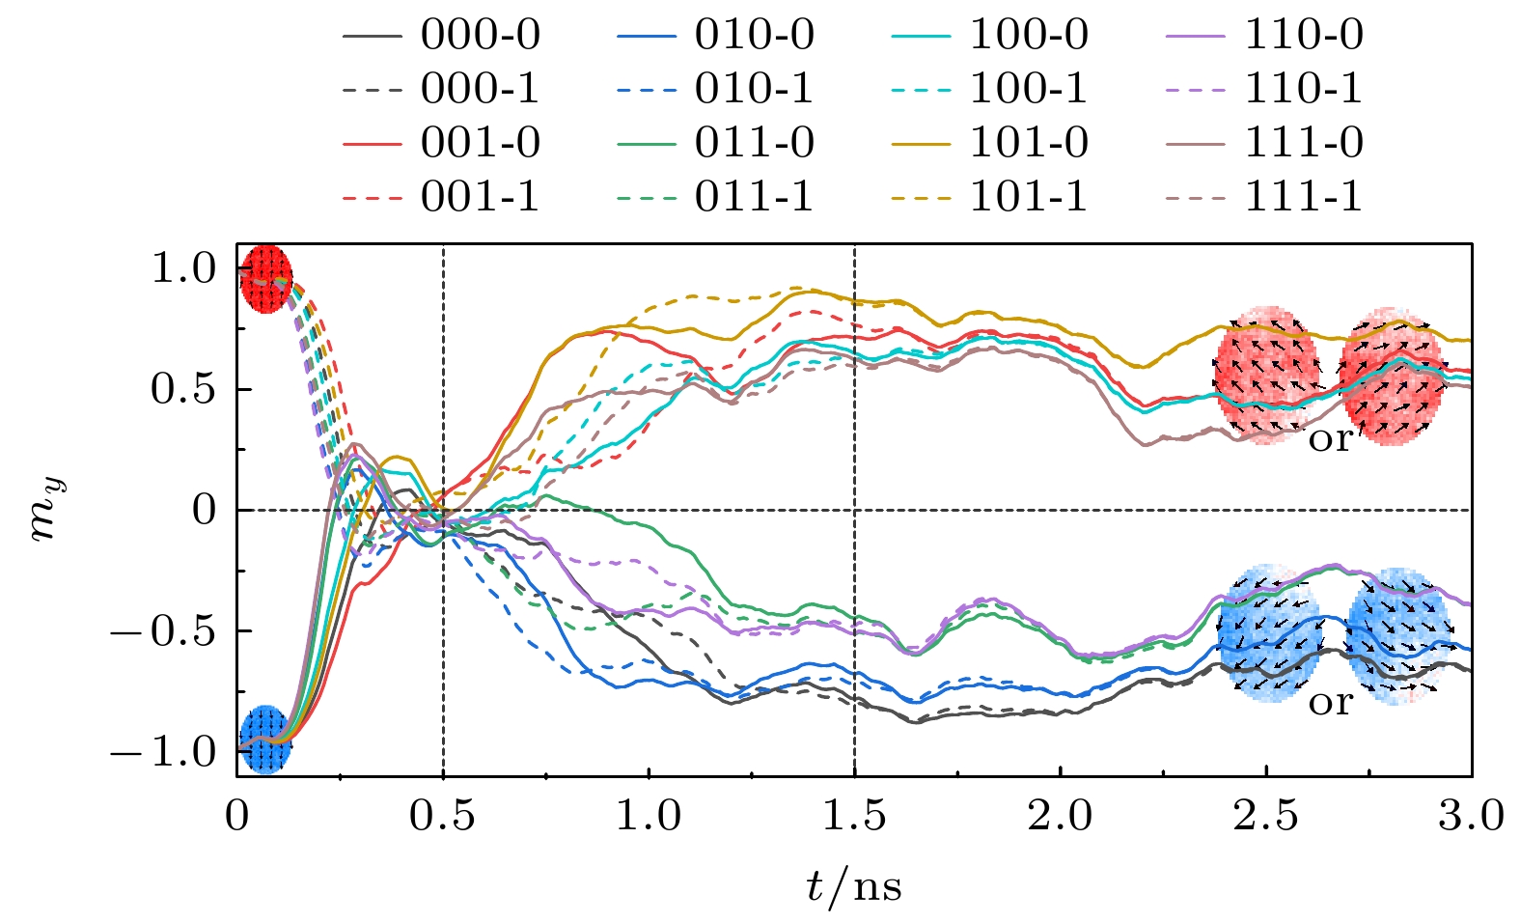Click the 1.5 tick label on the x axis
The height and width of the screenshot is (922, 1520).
click(854, 817)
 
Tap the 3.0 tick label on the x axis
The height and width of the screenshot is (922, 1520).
click(1471, 817)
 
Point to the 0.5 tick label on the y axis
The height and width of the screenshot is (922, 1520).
click(182, 389)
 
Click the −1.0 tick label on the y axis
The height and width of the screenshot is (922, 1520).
click(163, 752)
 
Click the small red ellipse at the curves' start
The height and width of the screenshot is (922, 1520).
click(265, 278)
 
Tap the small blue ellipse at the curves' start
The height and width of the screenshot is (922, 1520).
click(264, 740)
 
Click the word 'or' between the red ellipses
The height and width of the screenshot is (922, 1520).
click(1331, 439)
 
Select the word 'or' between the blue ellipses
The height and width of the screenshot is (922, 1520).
click(1331, 703)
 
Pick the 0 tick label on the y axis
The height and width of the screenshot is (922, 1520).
click(205, 510)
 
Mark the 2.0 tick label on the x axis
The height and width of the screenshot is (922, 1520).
click(1060, 817)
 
